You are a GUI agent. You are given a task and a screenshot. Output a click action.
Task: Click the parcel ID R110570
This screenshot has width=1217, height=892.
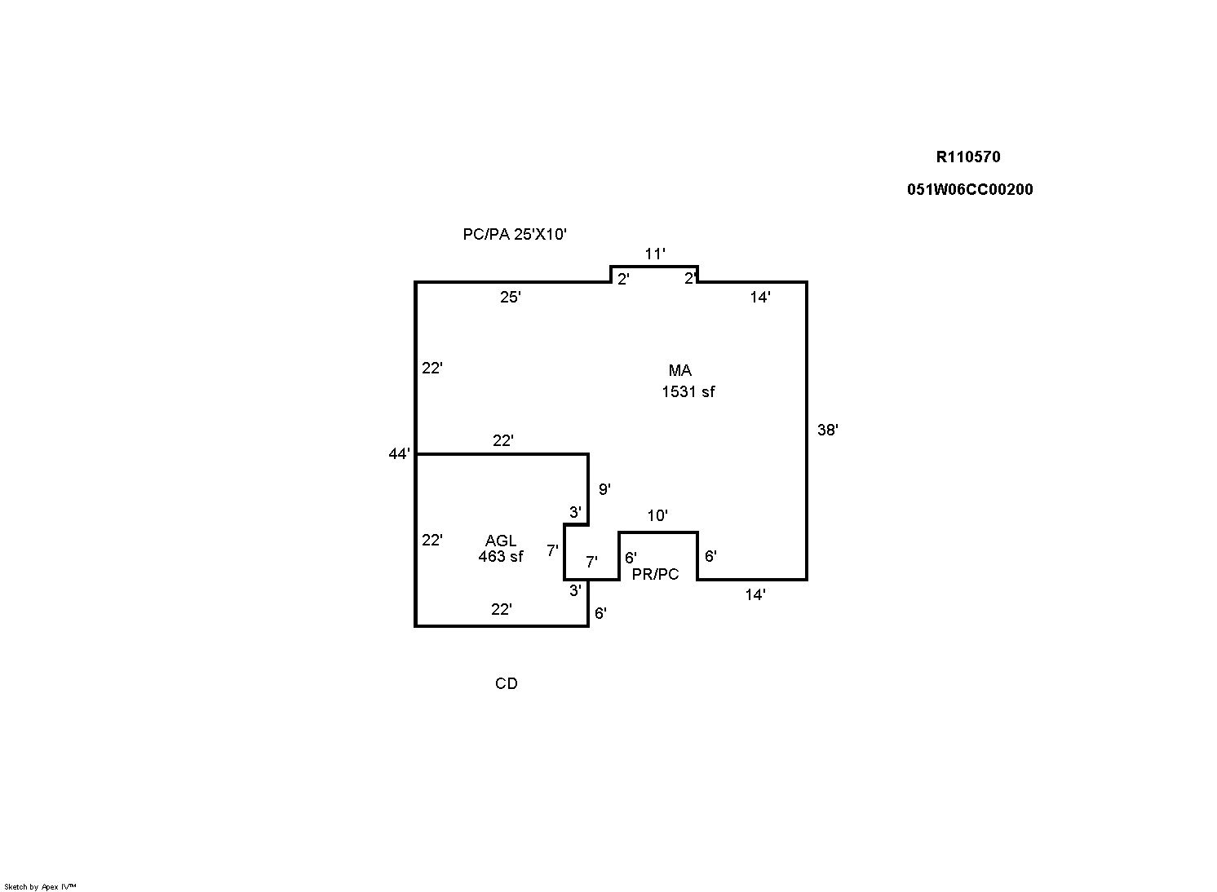click(967, 157)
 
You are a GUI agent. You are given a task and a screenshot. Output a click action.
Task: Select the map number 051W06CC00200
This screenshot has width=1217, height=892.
click(970, 190)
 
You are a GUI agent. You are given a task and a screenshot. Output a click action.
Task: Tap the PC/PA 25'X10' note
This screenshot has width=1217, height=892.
click(515, 234)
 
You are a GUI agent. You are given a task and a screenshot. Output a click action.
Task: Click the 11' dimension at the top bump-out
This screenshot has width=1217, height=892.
click(655, 254)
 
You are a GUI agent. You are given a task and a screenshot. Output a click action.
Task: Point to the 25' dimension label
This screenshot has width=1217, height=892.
click(510, 297)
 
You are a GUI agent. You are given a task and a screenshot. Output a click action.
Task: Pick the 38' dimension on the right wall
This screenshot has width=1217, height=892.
click(827, 431)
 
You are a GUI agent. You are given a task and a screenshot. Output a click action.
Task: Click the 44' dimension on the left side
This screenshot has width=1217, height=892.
click(400, 453)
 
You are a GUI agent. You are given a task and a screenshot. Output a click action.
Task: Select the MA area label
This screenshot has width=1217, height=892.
click(679, 370)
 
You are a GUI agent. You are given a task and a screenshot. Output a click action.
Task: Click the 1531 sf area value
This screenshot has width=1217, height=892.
click(688, 391)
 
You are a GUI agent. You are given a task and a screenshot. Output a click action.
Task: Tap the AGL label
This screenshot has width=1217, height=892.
click(500, 541)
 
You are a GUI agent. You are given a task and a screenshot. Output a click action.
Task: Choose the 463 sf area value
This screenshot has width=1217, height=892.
click(500, 556)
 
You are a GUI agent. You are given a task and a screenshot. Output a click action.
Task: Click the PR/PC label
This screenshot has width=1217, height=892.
click(655, 574)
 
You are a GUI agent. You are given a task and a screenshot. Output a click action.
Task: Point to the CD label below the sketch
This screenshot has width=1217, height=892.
click(506, 683)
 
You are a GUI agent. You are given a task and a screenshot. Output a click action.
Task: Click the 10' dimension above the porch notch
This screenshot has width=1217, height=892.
click(657, 515)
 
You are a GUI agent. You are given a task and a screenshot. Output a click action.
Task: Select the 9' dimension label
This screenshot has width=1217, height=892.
click(604, 489)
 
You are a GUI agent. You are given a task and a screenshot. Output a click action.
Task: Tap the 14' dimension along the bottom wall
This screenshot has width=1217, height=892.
click(755, 595)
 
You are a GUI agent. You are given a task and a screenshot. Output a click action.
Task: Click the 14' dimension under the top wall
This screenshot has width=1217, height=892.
click(760, 297)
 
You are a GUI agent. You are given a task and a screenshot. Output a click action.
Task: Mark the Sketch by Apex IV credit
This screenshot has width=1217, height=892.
click(40, 887)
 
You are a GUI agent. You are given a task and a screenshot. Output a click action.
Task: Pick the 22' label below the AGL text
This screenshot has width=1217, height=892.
click(501, 610)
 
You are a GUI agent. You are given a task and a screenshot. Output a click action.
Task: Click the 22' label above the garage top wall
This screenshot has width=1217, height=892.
click(502, 440)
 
